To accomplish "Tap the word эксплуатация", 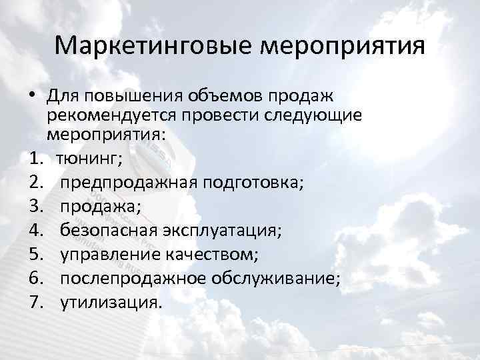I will point(222,230).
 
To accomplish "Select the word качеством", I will point(209,253).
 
